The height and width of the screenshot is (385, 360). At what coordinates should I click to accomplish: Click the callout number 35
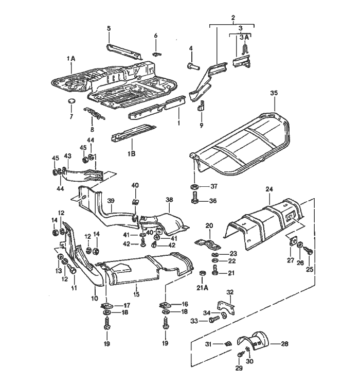click(274, 93)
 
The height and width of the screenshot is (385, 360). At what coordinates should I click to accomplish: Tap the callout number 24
click(268, 189)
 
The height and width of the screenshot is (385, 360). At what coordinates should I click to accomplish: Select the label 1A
click(71, 60)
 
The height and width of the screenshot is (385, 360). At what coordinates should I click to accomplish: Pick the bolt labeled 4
click(192, 66)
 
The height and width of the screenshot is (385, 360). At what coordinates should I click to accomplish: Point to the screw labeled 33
click(214, 320)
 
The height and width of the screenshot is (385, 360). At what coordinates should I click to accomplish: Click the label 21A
click(202, 287)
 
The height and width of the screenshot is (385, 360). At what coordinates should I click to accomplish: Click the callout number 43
click(67, 156)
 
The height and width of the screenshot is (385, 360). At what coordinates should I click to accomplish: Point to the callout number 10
click(94, 299)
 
